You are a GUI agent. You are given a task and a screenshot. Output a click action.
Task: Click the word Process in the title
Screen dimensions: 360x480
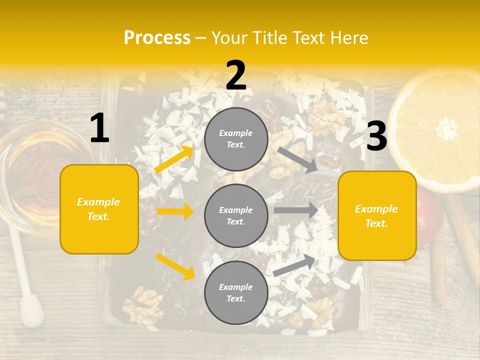pyautogui.click(x=157, y=38)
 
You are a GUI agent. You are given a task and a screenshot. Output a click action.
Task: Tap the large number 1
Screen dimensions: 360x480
pyautogui.click(x=99, y=128)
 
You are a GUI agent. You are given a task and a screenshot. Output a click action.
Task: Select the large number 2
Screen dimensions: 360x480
pyautogui.click(x=236, y=75)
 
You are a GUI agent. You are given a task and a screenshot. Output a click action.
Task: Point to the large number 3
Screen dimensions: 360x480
pyautogui.click(x=376, y=136)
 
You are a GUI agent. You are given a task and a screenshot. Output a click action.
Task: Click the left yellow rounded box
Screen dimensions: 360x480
pyautogui.click(x=99, y=209)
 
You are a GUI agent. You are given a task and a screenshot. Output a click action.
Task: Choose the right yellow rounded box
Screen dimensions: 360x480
pyautogui.click(x=377, y=215)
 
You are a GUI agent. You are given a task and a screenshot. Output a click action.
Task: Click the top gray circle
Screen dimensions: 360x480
pyautogui.click(x=236, y=139)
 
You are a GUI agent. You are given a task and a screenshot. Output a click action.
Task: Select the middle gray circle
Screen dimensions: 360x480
pyautogui.click(x=236, y=215)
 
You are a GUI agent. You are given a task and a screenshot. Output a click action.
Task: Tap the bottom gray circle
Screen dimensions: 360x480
pyautogui.click(x=236, y=292)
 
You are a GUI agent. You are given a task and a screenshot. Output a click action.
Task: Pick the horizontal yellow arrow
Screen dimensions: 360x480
pyautogui.click(x=175, y=211)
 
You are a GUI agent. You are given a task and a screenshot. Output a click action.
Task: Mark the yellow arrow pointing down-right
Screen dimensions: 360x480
pyautogui.click(x=175, y=266)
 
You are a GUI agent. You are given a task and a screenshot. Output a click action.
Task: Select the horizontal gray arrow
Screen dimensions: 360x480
pyautogui.click(x=296, y=210)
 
